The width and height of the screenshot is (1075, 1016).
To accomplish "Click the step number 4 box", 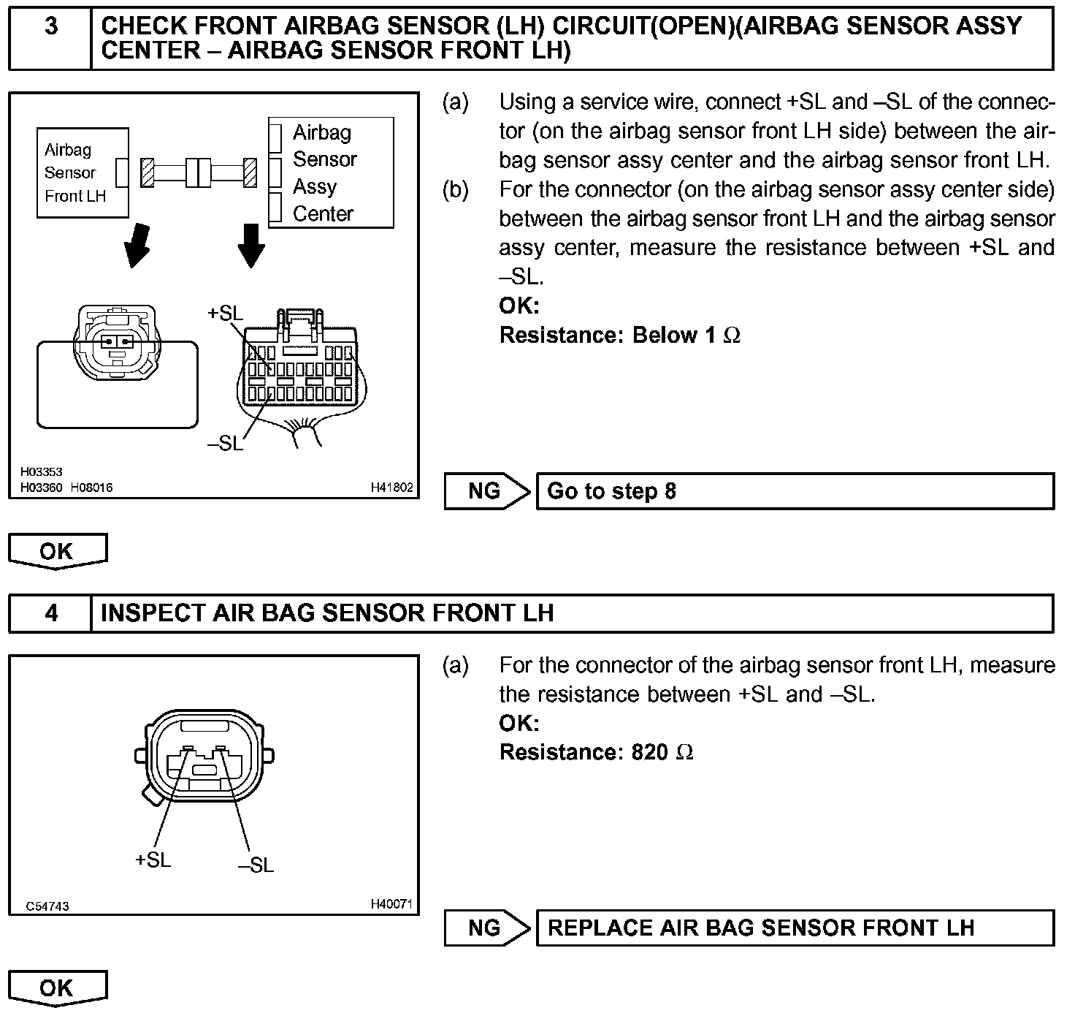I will point(50,613).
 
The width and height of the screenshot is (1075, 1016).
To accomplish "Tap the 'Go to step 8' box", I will point(795,490).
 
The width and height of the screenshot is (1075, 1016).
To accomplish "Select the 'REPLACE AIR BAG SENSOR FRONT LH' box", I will point(795,928).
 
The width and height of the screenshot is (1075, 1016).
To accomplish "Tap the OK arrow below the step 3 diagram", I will point(57,551).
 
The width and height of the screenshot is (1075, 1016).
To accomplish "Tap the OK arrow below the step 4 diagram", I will point(57,988).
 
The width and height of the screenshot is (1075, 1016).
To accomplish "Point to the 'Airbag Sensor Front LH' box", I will point(83,173).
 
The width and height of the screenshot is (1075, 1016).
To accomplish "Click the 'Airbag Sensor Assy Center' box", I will point(332,173).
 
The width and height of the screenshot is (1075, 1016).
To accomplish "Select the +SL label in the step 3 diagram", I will point(225,314).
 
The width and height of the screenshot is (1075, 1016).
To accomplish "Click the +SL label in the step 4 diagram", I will point(153,860).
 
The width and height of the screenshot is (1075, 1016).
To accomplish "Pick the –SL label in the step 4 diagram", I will point(256,865).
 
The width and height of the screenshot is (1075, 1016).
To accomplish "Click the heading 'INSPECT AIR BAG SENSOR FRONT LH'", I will point(327,613).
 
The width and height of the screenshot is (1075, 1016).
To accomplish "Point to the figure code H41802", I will point(392,487).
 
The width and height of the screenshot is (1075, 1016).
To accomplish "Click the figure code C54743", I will point(47,906).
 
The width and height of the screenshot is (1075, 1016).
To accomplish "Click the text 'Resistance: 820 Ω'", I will point(596,752).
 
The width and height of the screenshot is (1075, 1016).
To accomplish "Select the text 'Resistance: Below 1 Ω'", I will point(619,335).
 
